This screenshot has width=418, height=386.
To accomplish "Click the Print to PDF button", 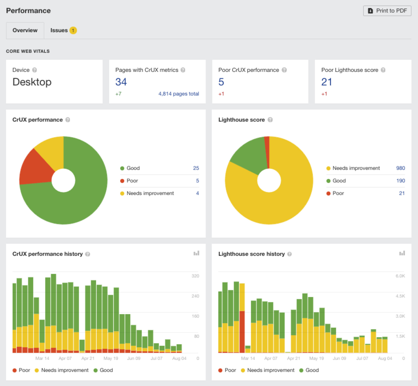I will (x=387, y=11).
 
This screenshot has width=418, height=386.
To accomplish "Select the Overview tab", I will (x=25, y=30).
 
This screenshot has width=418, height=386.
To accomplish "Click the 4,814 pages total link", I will (x=178, y=94).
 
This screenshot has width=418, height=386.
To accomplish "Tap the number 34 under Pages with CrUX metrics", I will (x=121, y=82).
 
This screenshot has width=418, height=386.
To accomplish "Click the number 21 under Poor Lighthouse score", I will (x=326, y=82).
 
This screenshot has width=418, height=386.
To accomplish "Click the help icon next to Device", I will (x=34, y=70).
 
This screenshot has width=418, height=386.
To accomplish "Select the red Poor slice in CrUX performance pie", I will (x=36, y=168).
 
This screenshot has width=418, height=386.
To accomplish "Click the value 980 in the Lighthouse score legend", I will (x=400, y=168).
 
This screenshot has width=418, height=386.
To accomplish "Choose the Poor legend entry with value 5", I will (x=132, y=181).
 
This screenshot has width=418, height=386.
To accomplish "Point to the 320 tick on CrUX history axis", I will (x=195, y=276).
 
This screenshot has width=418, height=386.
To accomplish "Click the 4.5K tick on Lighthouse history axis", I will (x=400, y=296).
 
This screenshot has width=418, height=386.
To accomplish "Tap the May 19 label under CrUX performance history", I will (x=111, y=358).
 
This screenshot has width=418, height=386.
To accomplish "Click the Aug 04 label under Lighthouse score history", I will (x=385, y=358).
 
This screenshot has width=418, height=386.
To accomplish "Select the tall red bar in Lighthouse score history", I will (x=242, y=332).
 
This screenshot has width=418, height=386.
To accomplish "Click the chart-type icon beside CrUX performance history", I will (x=196, y=253).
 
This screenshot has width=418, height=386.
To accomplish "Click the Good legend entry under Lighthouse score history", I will (x=309, y=370).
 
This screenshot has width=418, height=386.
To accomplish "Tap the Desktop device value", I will (x=32, y=82).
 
